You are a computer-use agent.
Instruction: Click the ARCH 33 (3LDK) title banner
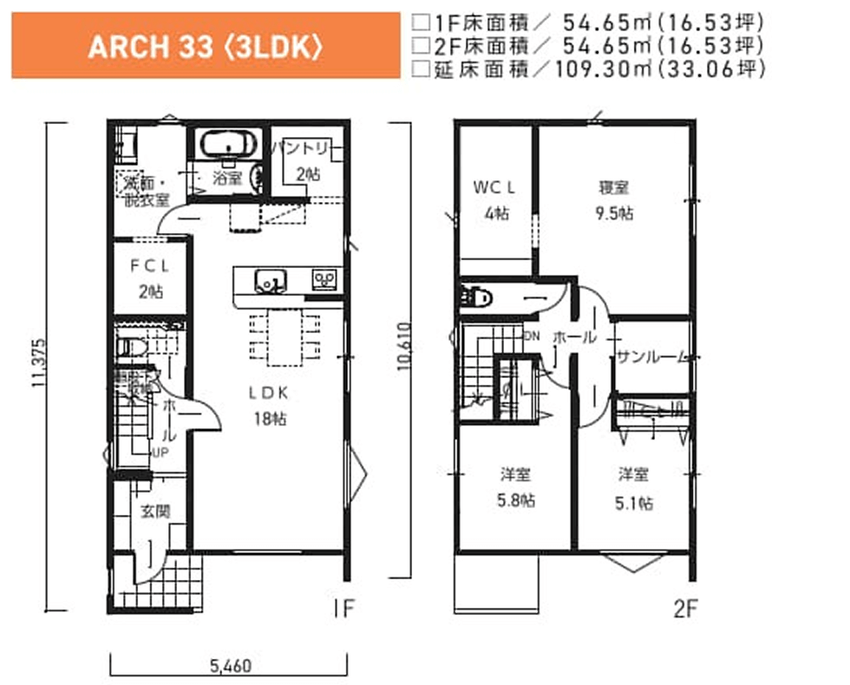click(205, 46)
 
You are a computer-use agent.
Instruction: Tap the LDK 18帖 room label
click(270, 405)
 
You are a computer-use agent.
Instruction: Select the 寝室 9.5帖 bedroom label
click(614, 199)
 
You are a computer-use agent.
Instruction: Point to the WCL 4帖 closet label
click(495, 199)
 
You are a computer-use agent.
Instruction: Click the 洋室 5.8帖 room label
click(515, 487)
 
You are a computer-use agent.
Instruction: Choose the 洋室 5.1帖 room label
click(635, 487)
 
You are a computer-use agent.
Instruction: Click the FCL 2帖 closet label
click(149, 278)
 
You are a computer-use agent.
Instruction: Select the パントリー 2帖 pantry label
click(304, 161)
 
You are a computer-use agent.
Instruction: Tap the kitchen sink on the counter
click(271, 280)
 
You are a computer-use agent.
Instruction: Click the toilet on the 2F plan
click(478, 297)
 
